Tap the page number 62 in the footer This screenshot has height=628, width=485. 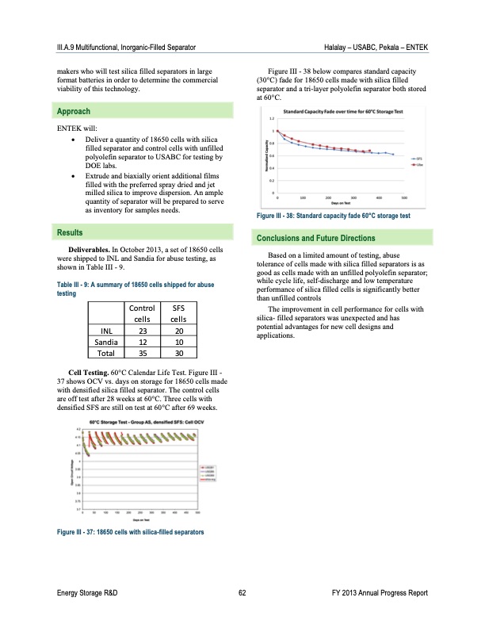tap(242, 592)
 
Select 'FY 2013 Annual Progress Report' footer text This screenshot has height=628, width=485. tap(380, 592)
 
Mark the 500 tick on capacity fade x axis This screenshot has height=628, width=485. tap(404, 198)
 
